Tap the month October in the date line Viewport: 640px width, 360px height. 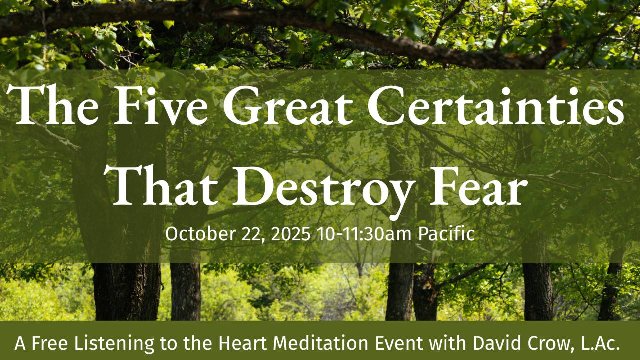192,234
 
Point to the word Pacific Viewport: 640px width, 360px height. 446,234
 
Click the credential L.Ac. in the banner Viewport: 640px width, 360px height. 599,343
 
